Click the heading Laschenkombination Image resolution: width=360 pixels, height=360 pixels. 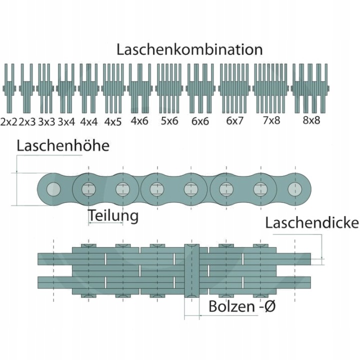click(189, 49)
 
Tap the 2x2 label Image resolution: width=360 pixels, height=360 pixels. click(9, 122)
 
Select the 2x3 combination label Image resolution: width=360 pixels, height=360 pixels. click(27, 122)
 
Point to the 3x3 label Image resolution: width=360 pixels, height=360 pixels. click(46, 122)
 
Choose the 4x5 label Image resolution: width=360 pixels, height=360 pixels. click(112, 122)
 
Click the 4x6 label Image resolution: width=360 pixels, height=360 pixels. click(139, 121)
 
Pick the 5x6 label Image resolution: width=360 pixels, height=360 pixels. click(169, 121)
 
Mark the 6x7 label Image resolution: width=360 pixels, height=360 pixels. click(234, 121)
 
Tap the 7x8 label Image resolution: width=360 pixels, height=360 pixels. click(271, 120)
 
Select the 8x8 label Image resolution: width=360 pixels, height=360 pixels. click(311, 120)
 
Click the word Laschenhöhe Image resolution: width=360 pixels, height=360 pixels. click(63, 146)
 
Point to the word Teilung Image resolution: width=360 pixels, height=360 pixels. click(113, 216)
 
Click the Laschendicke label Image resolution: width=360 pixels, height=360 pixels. click(312, 222)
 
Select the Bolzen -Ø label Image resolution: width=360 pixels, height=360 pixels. click(242, 306)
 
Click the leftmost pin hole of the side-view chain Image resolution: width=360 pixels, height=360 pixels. click(53, 189)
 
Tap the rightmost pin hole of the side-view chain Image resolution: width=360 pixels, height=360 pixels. click(295, 189)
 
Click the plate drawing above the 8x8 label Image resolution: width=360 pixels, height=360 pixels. click(310, 88)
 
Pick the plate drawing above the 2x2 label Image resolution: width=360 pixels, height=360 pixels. click(9, 88)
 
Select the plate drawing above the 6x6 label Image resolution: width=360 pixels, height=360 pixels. click(200, 88)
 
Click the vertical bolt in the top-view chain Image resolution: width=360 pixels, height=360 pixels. click(192, 271)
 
